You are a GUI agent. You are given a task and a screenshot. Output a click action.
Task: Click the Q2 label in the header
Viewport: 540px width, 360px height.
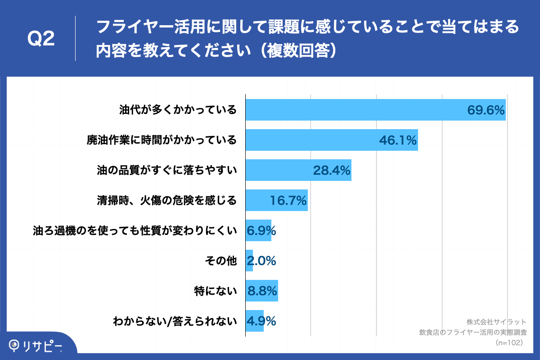tap(41, 39)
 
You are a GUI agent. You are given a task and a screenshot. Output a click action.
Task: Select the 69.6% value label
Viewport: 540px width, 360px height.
tap(486, 110)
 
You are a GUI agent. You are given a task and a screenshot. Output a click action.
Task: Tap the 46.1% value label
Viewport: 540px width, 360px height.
tap(398, 140)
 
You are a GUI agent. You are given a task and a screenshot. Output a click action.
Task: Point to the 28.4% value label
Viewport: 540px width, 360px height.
tap(332, 171)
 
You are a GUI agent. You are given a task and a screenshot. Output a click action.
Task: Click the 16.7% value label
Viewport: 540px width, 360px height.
tap(288, 201)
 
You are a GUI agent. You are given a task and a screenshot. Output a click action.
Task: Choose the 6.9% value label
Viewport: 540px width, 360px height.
tap(261, 231)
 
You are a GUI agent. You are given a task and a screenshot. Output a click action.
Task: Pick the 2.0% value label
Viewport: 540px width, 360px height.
tap(261, 261)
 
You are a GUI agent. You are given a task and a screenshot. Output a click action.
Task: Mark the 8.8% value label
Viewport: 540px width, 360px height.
tap(261, 291)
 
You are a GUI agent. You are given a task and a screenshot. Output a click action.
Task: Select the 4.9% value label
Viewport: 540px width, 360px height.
tap(261, 321)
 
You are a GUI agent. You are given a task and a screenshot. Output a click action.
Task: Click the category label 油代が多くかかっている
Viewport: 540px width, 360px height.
tap(178, 110)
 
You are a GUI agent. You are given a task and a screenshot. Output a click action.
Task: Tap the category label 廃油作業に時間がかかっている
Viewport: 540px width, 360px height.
tap(162, 140)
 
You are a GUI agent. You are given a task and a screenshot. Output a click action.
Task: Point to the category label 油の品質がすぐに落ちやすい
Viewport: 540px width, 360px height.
tap(167, 170)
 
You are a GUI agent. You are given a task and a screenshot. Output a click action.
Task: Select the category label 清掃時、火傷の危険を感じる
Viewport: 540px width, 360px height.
tap(167, 200)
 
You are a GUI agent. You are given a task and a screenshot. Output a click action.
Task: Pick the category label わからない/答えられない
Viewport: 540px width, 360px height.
tap(175, 321)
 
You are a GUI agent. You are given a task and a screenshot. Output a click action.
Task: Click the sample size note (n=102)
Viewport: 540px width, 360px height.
tap(508, 342)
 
